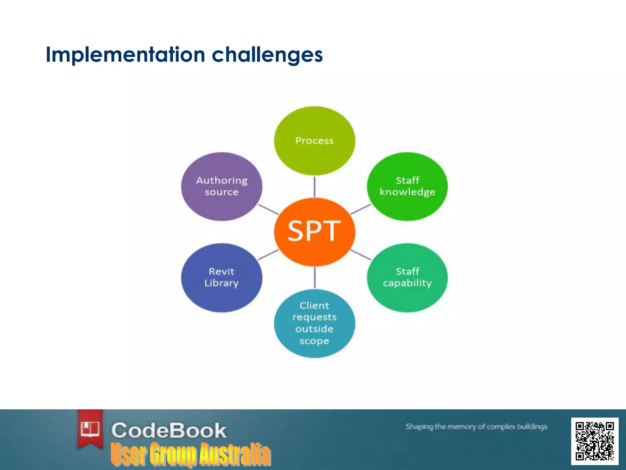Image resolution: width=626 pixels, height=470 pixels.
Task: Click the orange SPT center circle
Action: coord(315,232)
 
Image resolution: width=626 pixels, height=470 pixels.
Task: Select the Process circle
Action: coord(315,141)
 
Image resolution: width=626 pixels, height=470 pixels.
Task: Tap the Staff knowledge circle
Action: coord(407,186)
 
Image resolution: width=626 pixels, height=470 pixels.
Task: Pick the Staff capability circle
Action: coord(407,277)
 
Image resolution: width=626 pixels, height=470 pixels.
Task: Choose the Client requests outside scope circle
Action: coord(315,323)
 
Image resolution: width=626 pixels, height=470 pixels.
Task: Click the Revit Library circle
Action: coord(222,277)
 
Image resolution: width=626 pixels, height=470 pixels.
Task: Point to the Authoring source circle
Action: coord(222,186)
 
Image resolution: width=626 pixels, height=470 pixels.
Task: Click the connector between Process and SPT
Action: coord(315,187)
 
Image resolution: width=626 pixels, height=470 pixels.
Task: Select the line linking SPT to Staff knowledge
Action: coord(361,209)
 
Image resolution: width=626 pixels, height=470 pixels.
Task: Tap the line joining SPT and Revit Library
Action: coord(268,255)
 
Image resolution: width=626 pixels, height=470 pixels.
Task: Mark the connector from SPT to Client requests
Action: coord(315,277)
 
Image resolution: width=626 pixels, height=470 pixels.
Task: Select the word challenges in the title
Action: coord(267,55)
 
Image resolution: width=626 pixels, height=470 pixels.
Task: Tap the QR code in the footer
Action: coord(595,441)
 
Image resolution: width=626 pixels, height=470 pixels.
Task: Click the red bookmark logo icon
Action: coord(90,429)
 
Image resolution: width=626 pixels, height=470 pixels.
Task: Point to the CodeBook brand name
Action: coord(169,430)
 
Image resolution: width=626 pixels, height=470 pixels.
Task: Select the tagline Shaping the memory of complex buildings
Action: coord(476,427)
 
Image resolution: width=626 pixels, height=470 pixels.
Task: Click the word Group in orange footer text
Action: coord(173,454)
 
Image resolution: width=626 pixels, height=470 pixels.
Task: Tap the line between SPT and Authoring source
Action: coord(268,209)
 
